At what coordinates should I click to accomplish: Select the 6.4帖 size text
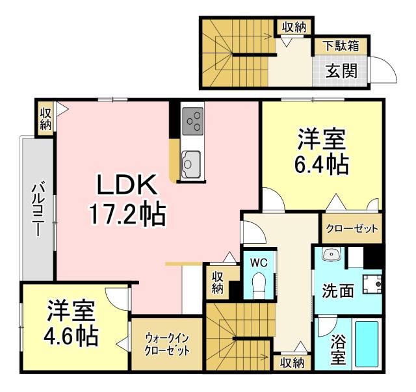pyautogui.click(x=322, y=165)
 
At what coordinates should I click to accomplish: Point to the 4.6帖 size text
pyautogui.click(x=71, y=336)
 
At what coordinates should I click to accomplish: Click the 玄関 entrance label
pyautogui.click(x=341, y=71)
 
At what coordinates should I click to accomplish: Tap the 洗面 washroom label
pyautogui.click(x=338, y=291)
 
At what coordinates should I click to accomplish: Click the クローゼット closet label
pyautogui.click(x=351, y=229)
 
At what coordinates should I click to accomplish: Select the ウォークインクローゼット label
pyautogui.click(x=167, y=344)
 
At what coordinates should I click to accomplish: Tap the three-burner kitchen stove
pyautogui.click(x=192, y=120)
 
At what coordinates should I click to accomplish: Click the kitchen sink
pyautogui.click(x=192, y=160)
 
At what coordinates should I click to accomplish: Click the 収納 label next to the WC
pyautogui.click(x=218, y=281)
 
